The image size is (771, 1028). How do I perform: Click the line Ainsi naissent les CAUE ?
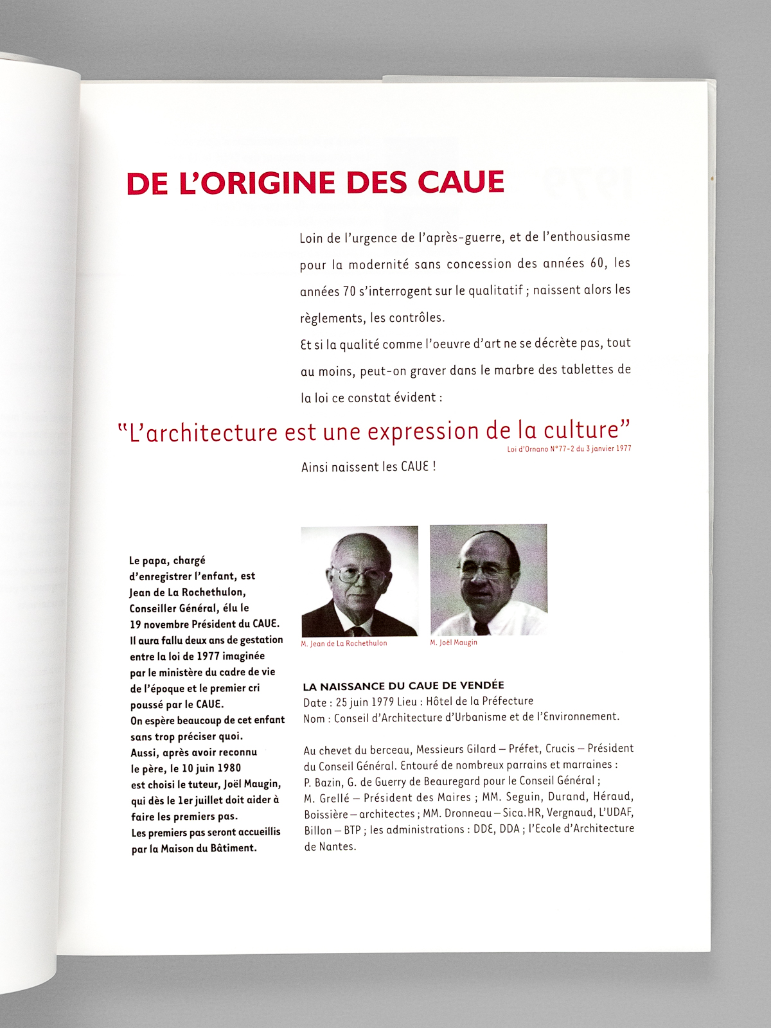(368, 467)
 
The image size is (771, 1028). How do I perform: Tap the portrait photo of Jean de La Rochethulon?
(359, 581)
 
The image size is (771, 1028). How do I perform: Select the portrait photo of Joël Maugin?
(488, 580)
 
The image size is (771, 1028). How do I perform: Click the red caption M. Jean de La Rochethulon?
(344, 643)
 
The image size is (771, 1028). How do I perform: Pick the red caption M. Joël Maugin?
(454, 642)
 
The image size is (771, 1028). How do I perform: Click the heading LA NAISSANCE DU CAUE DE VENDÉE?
(403, 686)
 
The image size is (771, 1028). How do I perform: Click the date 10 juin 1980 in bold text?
(206, 768)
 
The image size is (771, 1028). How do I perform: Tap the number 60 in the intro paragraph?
(598, 263)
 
